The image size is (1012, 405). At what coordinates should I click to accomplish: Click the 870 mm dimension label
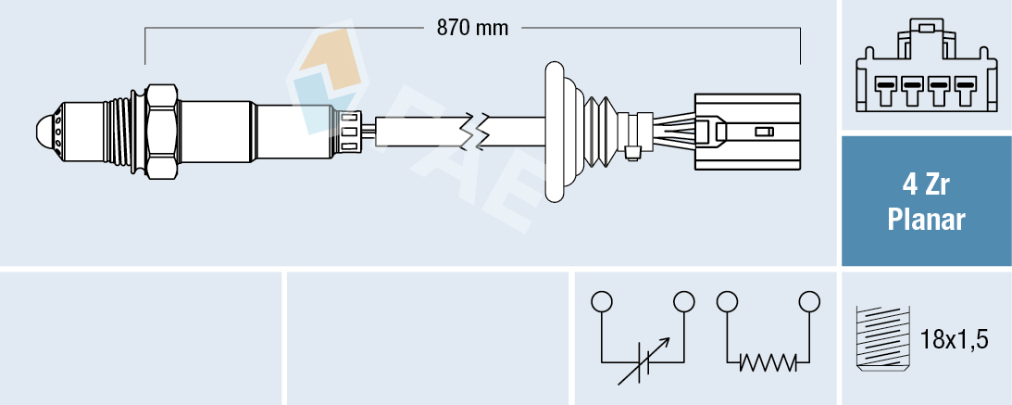472,28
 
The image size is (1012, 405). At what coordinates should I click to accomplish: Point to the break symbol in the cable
479,131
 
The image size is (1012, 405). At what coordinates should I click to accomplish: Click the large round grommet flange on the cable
554,131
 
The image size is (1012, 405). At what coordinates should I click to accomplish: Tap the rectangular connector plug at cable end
746,131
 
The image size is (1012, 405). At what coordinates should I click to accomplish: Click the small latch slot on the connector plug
765,132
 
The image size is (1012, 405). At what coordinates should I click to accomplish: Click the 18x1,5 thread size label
956,340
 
